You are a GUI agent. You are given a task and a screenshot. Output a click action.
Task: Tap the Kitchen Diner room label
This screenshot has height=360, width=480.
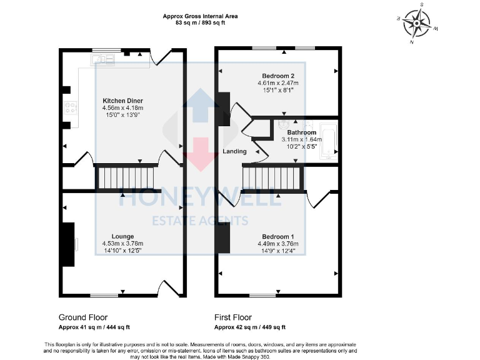point(122,101)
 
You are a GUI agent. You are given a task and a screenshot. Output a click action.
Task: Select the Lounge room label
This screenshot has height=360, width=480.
point(122,236)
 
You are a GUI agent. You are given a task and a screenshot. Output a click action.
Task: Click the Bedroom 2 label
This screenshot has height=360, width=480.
point(278,76)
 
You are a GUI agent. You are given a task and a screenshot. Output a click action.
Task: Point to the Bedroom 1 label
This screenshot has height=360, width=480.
point(278,236)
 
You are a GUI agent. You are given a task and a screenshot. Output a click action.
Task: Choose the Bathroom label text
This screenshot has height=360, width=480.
point(302,132)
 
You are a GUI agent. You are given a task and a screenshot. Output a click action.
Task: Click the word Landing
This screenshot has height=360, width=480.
point(234,151)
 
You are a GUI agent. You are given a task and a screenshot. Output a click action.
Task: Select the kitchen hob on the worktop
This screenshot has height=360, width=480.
point(69,108)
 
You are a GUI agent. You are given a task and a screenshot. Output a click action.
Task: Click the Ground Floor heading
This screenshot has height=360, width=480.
point(83,317)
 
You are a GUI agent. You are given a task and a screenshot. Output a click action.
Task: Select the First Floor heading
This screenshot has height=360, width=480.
point(233,317)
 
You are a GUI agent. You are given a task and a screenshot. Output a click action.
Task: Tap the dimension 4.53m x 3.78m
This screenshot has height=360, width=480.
point(122,244)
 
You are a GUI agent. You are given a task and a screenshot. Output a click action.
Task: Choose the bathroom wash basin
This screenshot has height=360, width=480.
point(285,123)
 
